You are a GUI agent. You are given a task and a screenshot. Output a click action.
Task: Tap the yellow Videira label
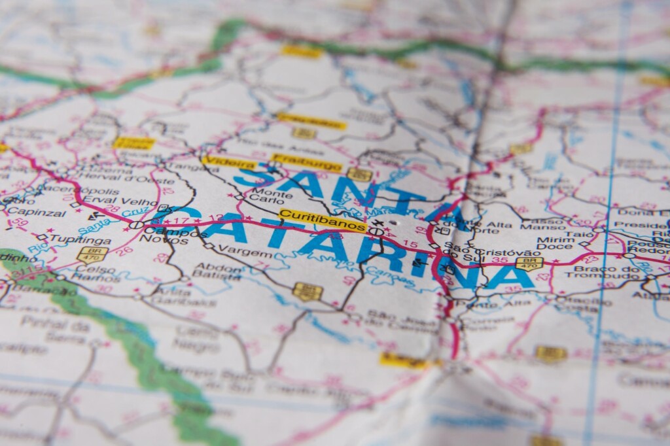coord(229,163)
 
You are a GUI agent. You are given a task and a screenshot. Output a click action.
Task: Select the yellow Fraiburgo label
coord(306,162)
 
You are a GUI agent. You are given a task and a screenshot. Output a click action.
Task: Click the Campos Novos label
coord(166,235)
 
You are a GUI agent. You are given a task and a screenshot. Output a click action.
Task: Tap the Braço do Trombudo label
coord(602,271)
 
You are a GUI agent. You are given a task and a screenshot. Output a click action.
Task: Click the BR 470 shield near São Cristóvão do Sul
coord(529,263)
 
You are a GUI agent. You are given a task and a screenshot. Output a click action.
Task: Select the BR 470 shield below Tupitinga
coord(92,254)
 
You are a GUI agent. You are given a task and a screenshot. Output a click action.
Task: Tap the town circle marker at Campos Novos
coord(136,225)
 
